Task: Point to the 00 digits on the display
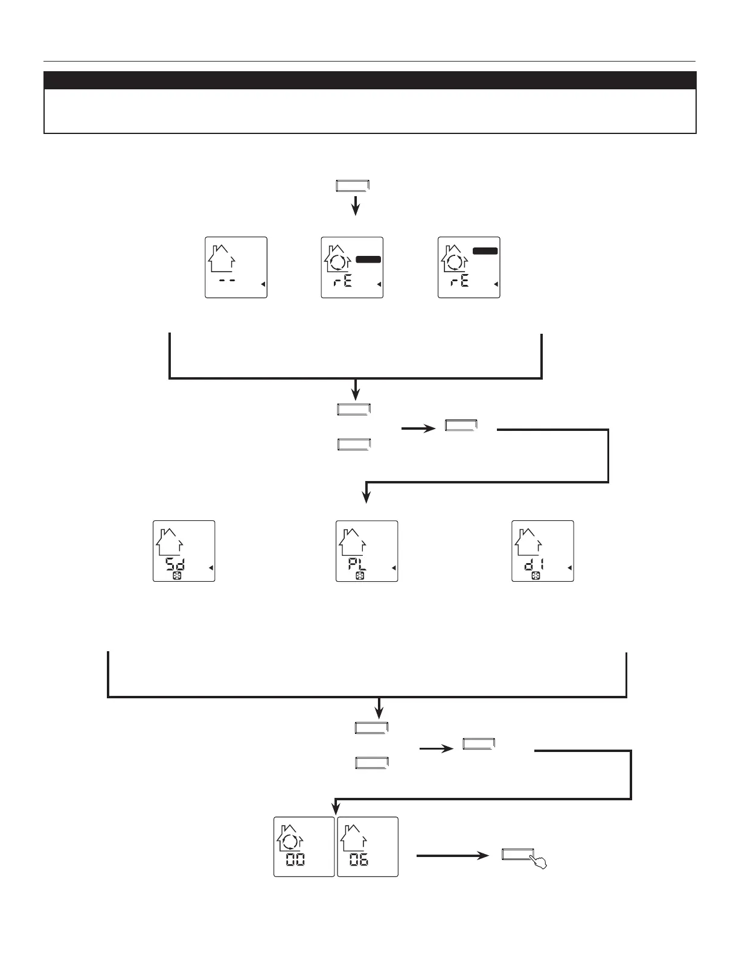pos(295,859)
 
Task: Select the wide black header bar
pos(370,80)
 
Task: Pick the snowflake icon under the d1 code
pos(536,576)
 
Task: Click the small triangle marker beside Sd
pos(211,568)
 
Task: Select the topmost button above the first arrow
pos(352,186)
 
